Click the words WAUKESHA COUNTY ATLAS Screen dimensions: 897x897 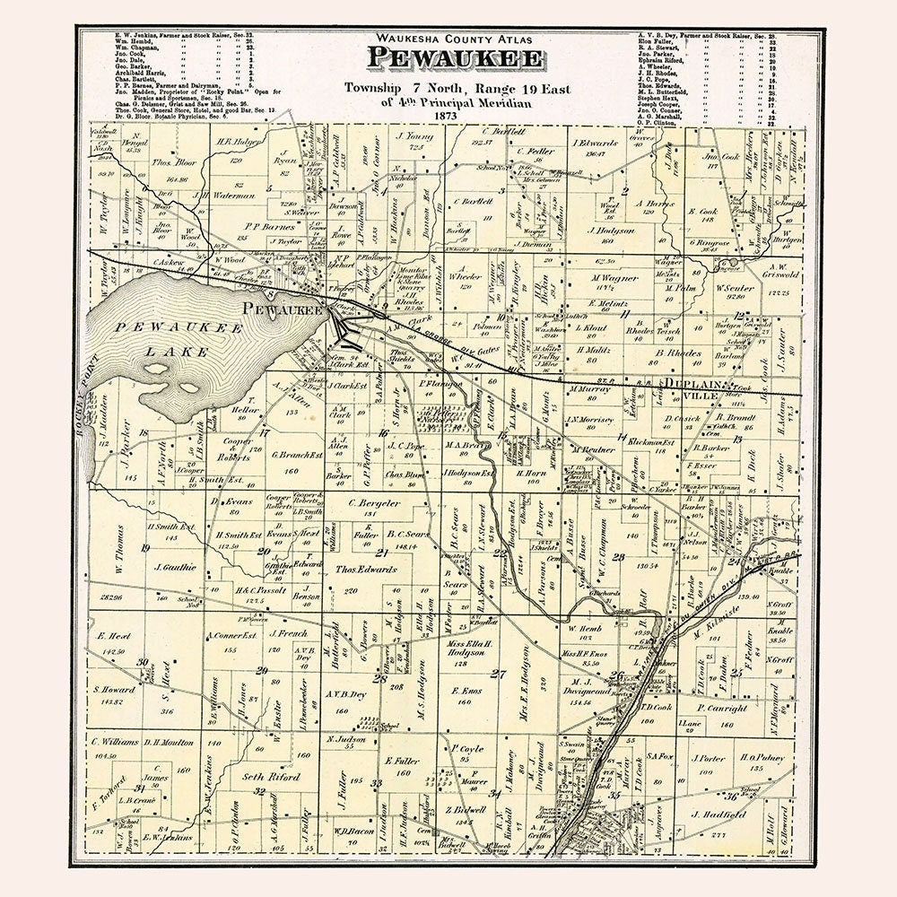tap(455, 38)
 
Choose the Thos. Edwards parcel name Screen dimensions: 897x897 tap(365, 570)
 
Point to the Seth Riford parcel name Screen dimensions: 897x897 tap(273, 777)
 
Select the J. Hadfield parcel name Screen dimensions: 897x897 tap(718, 814)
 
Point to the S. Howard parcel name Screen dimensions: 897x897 tap(114, 689)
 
